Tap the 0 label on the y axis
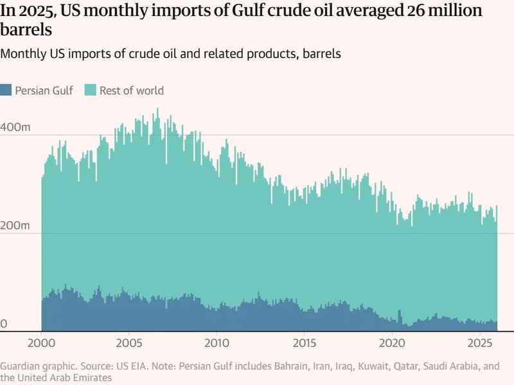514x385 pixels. pos(3,325)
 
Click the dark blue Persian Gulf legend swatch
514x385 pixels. pos(6,91)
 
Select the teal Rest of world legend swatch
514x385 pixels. pos(89,91)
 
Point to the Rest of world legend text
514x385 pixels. pos(132,91)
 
